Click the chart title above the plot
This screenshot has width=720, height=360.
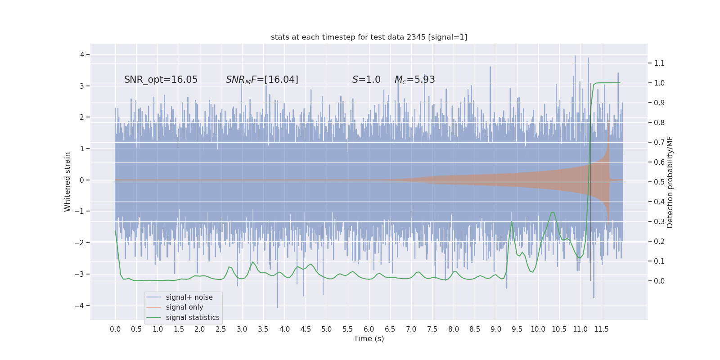(x=369, y=37)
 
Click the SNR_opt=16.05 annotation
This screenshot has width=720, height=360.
(x=161, y=80)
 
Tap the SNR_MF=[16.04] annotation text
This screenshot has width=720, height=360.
(x=262, y=80)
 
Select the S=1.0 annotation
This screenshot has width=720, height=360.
(x=366, y=80)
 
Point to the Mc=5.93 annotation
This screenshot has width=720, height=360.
(x=414, y=80)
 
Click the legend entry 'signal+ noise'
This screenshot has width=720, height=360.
(x=189, y=297)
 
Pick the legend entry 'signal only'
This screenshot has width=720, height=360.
(x=184, y=307)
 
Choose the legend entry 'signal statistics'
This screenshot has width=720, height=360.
(x=193, y=318)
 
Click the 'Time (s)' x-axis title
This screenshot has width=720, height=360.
(x=369, y=338)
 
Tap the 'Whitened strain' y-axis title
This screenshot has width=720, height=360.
(x=67, y=182)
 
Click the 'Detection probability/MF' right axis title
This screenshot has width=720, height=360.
(x=670, y=182)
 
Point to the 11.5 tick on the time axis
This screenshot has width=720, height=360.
(x=601, y=329)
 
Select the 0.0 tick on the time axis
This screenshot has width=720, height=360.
(x=115, y=329)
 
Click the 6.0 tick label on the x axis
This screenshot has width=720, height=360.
(x=369, y=329)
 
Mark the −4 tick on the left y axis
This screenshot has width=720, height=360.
(x=82, y=306)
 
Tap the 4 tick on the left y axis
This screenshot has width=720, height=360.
(x=82, y=54)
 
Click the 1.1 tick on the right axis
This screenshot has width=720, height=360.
(x=659, y=63)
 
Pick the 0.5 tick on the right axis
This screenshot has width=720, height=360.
(x=659, y=182)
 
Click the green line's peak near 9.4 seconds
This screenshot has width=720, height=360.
(x=512, y=221)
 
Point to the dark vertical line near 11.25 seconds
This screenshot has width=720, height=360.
(x=591, y=180)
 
